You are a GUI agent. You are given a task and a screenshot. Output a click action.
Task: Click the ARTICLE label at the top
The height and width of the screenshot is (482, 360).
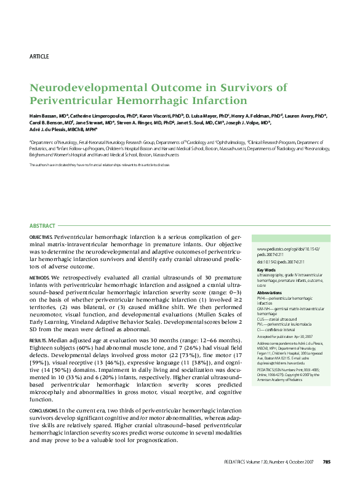[x=39, y=57]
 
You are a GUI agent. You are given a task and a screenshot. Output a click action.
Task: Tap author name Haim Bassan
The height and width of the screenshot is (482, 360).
[x=43, y=116]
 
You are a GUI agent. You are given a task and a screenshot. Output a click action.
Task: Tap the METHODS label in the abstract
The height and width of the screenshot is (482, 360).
[x=38, y=278]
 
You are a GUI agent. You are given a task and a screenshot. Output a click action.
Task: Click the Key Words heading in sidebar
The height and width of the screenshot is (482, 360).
[x=266, y=270]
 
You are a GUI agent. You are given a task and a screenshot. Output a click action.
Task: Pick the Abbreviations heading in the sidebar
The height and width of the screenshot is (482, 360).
[x=269, y=292]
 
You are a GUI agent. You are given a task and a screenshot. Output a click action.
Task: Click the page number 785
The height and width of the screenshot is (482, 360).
[x=327, y=462]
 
